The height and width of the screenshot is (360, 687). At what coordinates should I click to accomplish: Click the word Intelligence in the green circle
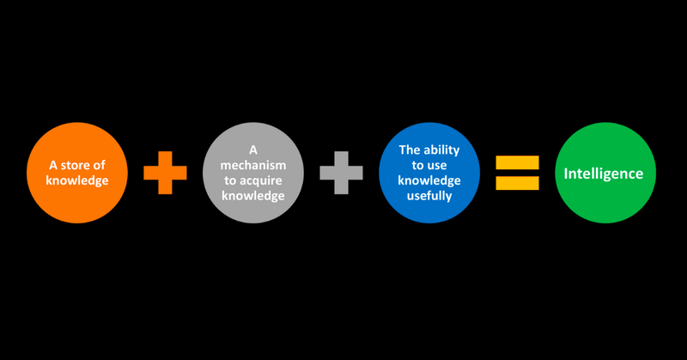pos(603,174)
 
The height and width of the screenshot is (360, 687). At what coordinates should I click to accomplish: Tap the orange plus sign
pos(165,173)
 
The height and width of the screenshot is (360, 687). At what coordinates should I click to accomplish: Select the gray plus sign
pos(342,173)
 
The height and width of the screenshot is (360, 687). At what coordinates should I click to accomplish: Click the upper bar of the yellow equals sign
pos(518,162)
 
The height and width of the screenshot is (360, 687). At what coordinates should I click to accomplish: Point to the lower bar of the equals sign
pos(518,183)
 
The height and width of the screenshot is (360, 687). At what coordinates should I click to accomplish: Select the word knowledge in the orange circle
pos(77,182)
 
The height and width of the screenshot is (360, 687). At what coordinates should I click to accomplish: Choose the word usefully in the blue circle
pos(429,197)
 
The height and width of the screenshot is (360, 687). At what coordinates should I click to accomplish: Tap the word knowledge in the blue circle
pos(429,180)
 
